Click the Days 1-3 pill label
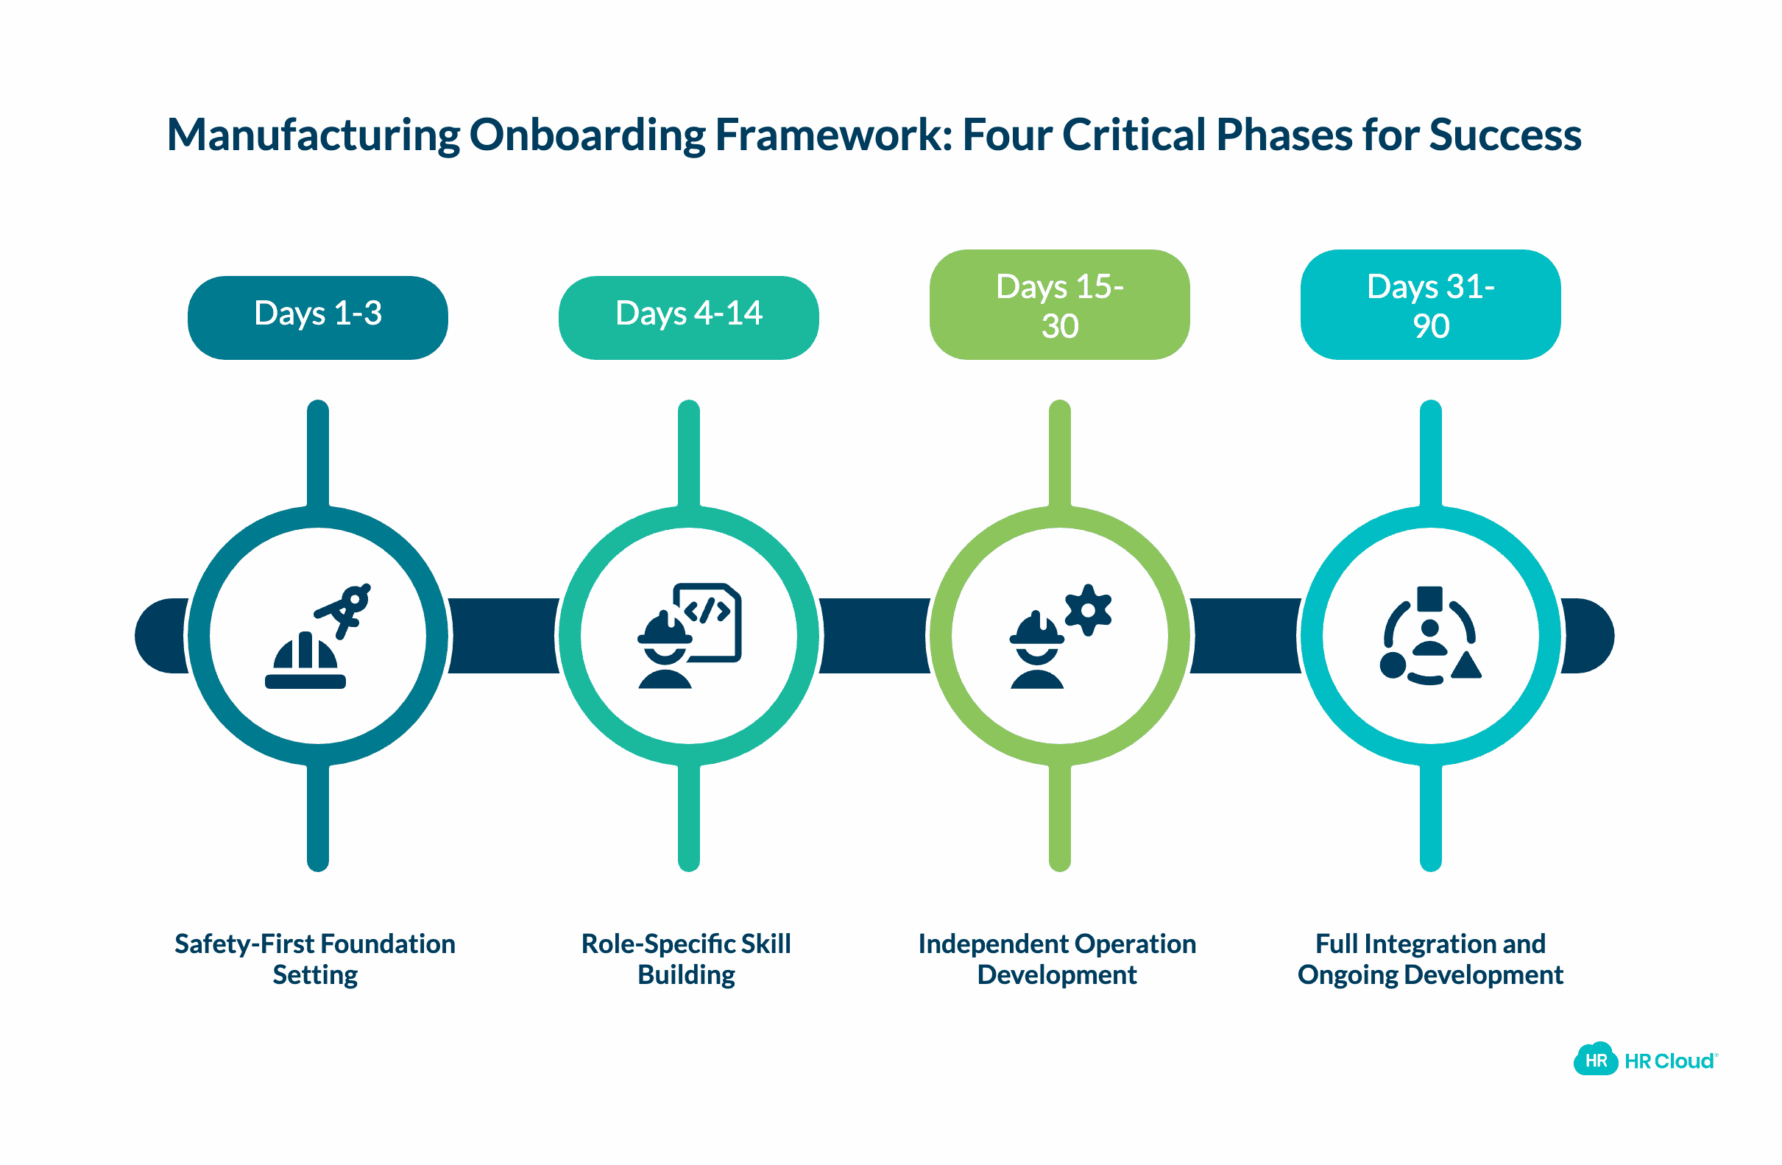point(317,316)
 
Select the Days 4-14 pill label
point(688,316)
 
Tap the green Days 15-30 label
point(1058,304)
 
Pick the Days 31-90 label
point(1429,304)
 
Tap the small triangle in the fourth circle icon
point(1465,665)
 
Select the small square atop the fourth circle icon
point(1429,597)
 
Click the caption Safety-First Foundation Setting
point(314,958)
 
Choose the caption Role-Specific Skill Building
point(686,958)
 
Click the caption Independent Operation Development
point(1056,958)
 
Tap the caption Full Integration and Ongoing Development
point(1429,958)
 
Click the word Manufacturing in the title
point(313,135)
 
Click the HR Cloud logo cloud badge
point(1595,1060)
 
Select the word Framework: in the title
point(833,135)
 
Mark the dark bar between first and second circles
point(503,635)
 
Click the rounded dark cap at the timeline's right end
point(1589,635)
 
